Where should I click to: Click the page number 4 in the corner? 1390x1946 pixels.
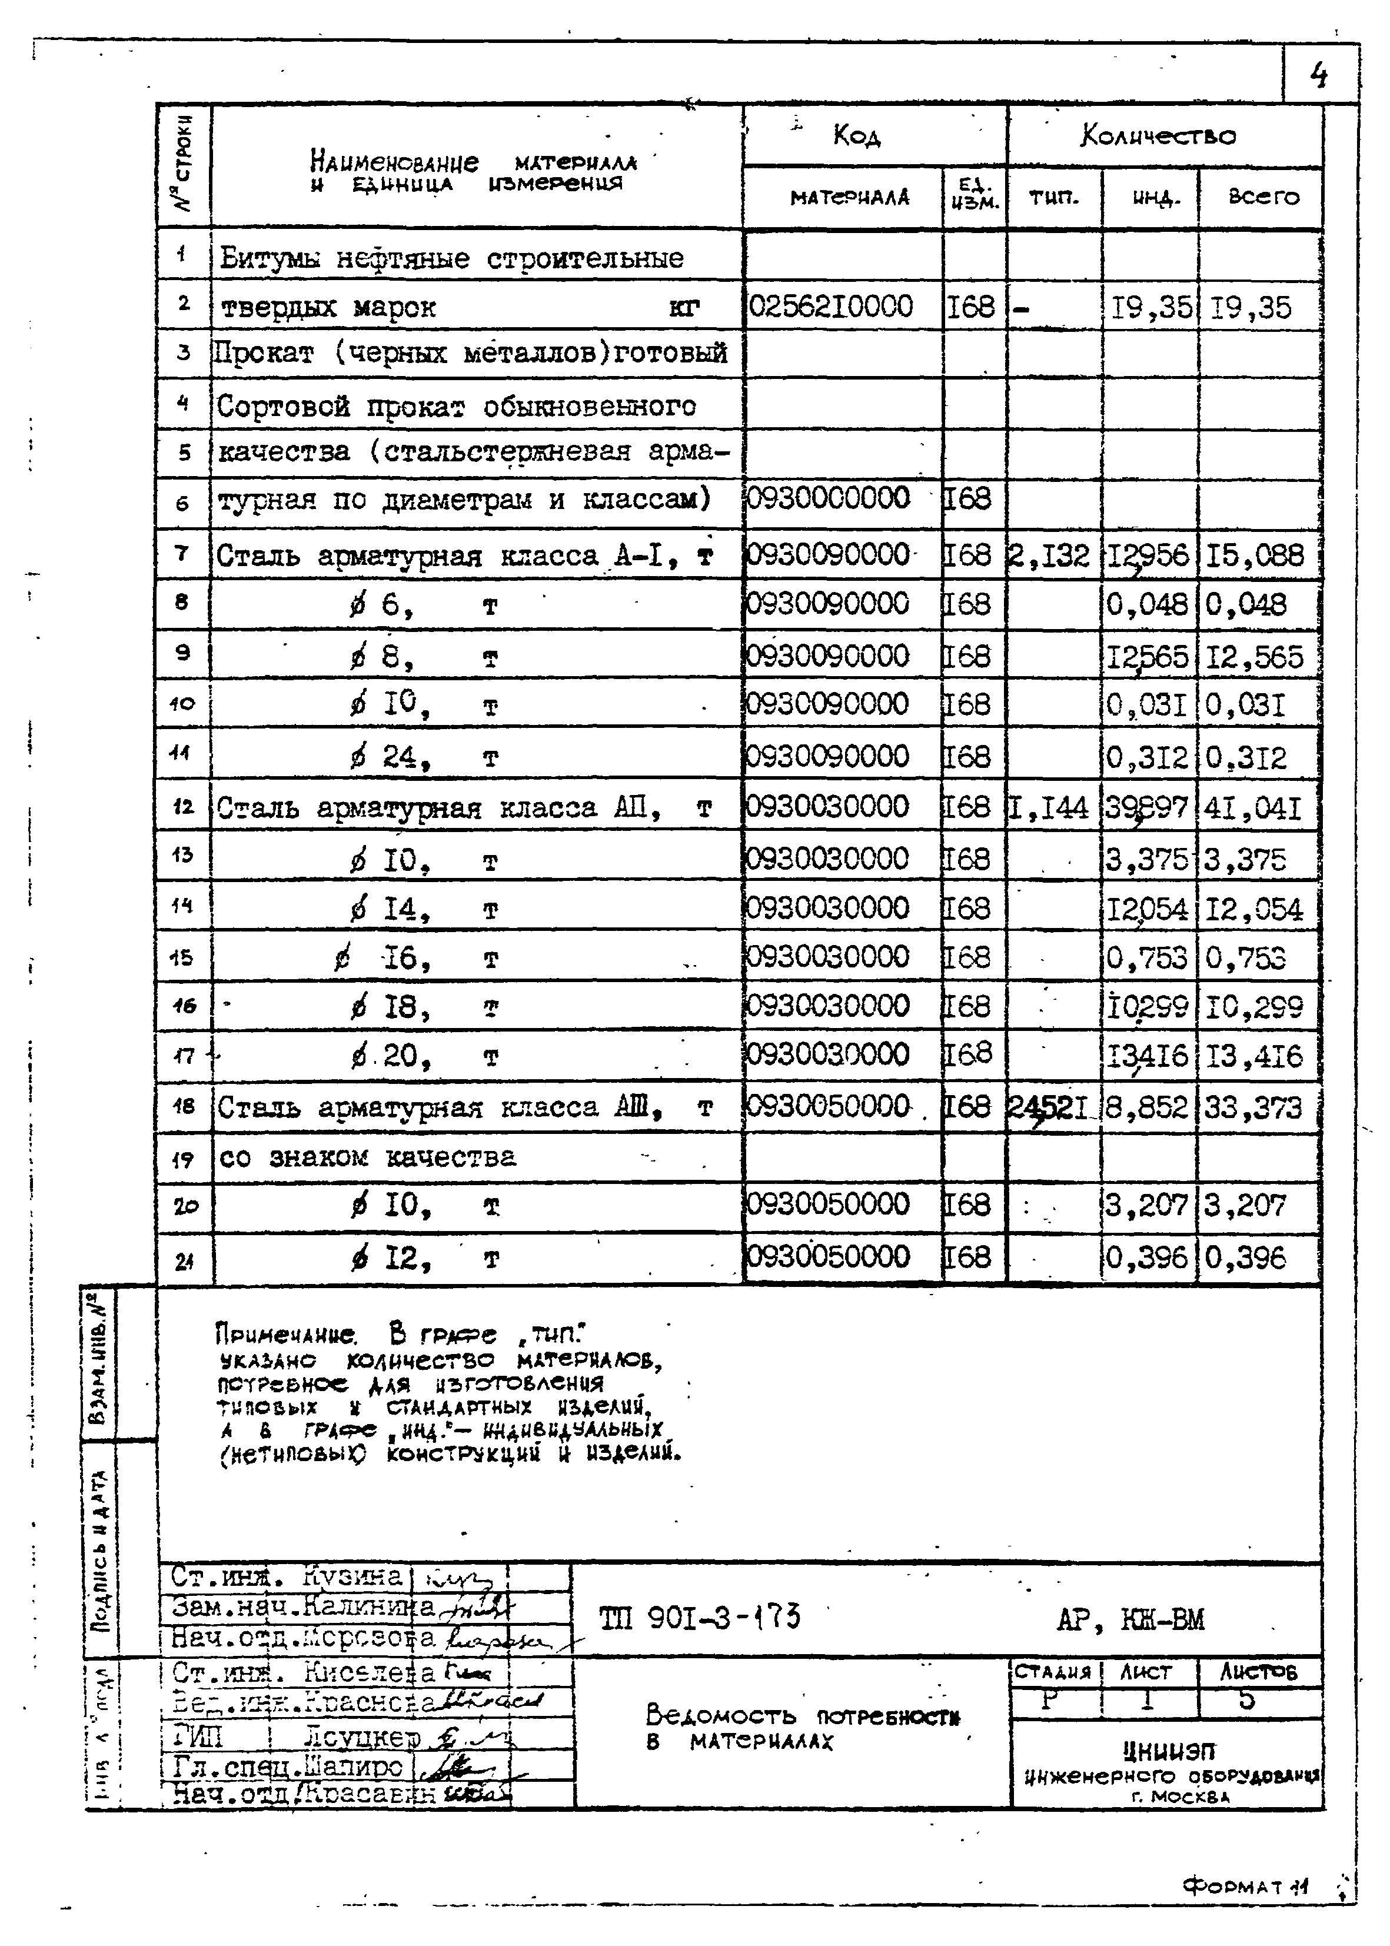coord(1319,77)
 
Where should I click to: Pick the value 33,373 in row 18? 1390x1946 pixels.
coord(1253,1108)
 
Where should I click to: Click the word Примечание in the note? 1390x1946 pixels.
coord(285,1334)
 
